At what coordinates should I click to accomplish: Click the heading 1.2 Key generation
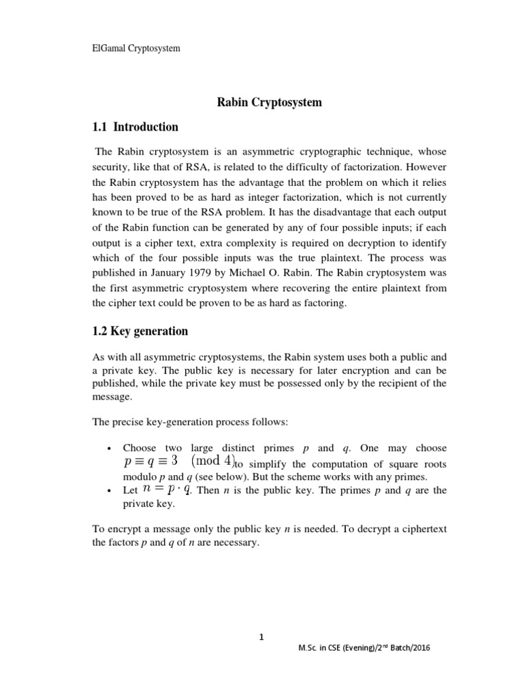(140, 331)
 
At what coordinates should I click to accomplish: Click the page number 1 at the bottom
(261, 637)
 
